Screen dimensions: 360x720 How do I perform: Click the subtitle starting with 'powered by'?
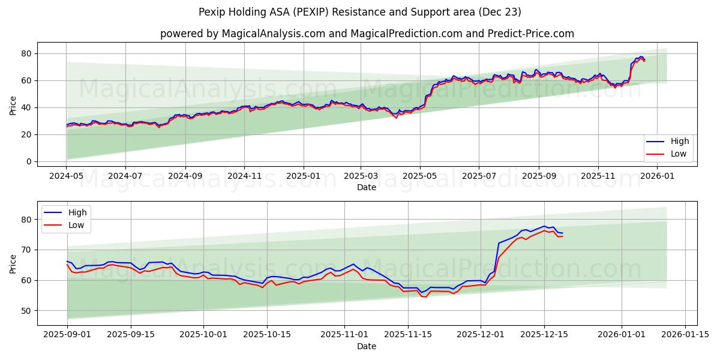pos(367,34)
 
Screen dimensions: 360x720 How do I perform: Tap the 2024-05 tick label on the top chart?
pos(66,176)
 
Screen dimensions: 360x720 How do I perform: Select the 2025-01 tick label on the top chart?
pos(303,176)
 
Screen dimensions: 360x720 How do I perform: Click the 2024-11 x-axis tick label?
pos(244,176)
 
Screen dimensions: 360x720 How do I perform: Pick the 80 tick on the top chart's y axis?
pos(26,53)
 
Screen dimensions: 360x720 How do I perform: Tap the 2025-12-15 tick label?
pos(544,335)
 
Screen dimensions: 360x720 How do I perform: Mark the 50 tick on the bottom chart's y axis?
pos(26,311)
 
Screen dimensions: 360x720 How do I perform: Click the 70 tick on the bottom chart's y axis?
pos(26,250)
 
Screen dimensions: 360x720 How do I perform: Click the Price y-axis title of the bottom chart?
pos(13,263)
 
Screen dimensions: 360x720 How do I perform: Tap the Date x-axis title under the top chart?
pos(367,187)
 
